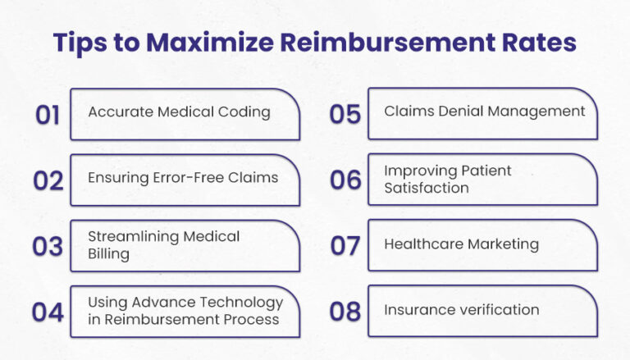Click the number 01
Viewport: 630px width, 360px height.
[x=48, y=115]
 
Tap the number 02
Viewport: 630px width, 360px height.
[x=48, y=180]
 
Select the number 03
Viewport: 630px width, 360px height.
[x=48, y=246]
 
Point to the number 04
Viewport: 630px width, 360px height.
[x=48, y=312]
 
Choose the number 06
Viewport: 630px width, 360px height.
[x=345, y=180]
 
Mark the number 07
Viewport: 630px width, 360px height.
[x=345, y=245]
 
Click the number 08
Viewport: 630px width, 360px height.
[x=345, y=312]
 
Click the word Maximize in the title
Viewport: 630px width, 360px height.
[x=204, y=43]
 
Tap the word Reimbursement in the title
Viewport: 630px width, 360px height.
[x=386, y=43]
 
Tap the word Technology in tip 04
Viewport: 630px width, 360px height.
[x=235, y=302]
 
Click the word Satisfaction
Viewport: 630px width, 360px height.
[x=427, y=188]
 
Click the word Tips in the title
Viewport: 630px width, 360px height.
[x=83, y=43]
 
